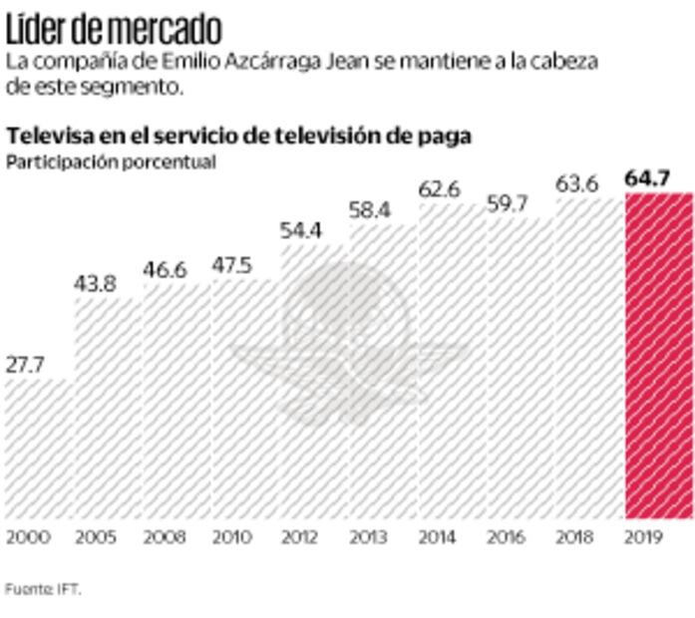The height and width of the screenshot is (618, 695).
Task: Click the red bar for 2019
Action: (x=658, y=356)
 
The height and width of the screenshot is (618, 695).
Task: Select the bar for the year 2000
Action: (x=38, y=449)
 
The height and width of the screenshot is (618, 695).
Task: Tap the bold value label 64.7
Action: (x=646, y=179)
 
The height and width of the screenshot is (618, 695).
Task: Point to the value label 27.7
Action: (x=25, y=365)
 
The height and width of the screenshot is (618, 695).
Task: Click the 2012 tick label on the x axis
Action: (x=300, y=537)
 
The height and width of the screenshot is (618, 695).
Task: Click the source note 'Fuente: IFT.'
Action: (x=43, y=589)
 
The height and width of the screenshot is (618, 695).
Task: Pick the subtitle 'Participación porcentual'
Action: (x=111, y=162)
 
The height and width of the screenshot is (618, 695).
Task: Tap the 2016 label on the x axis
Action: (x=507, y=537)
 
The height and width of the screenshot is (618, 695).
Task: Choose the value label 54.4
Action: (x=301, y=230)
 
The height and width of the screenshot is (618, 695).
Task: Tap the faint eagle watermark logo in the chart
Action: (x=349, y=344)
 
